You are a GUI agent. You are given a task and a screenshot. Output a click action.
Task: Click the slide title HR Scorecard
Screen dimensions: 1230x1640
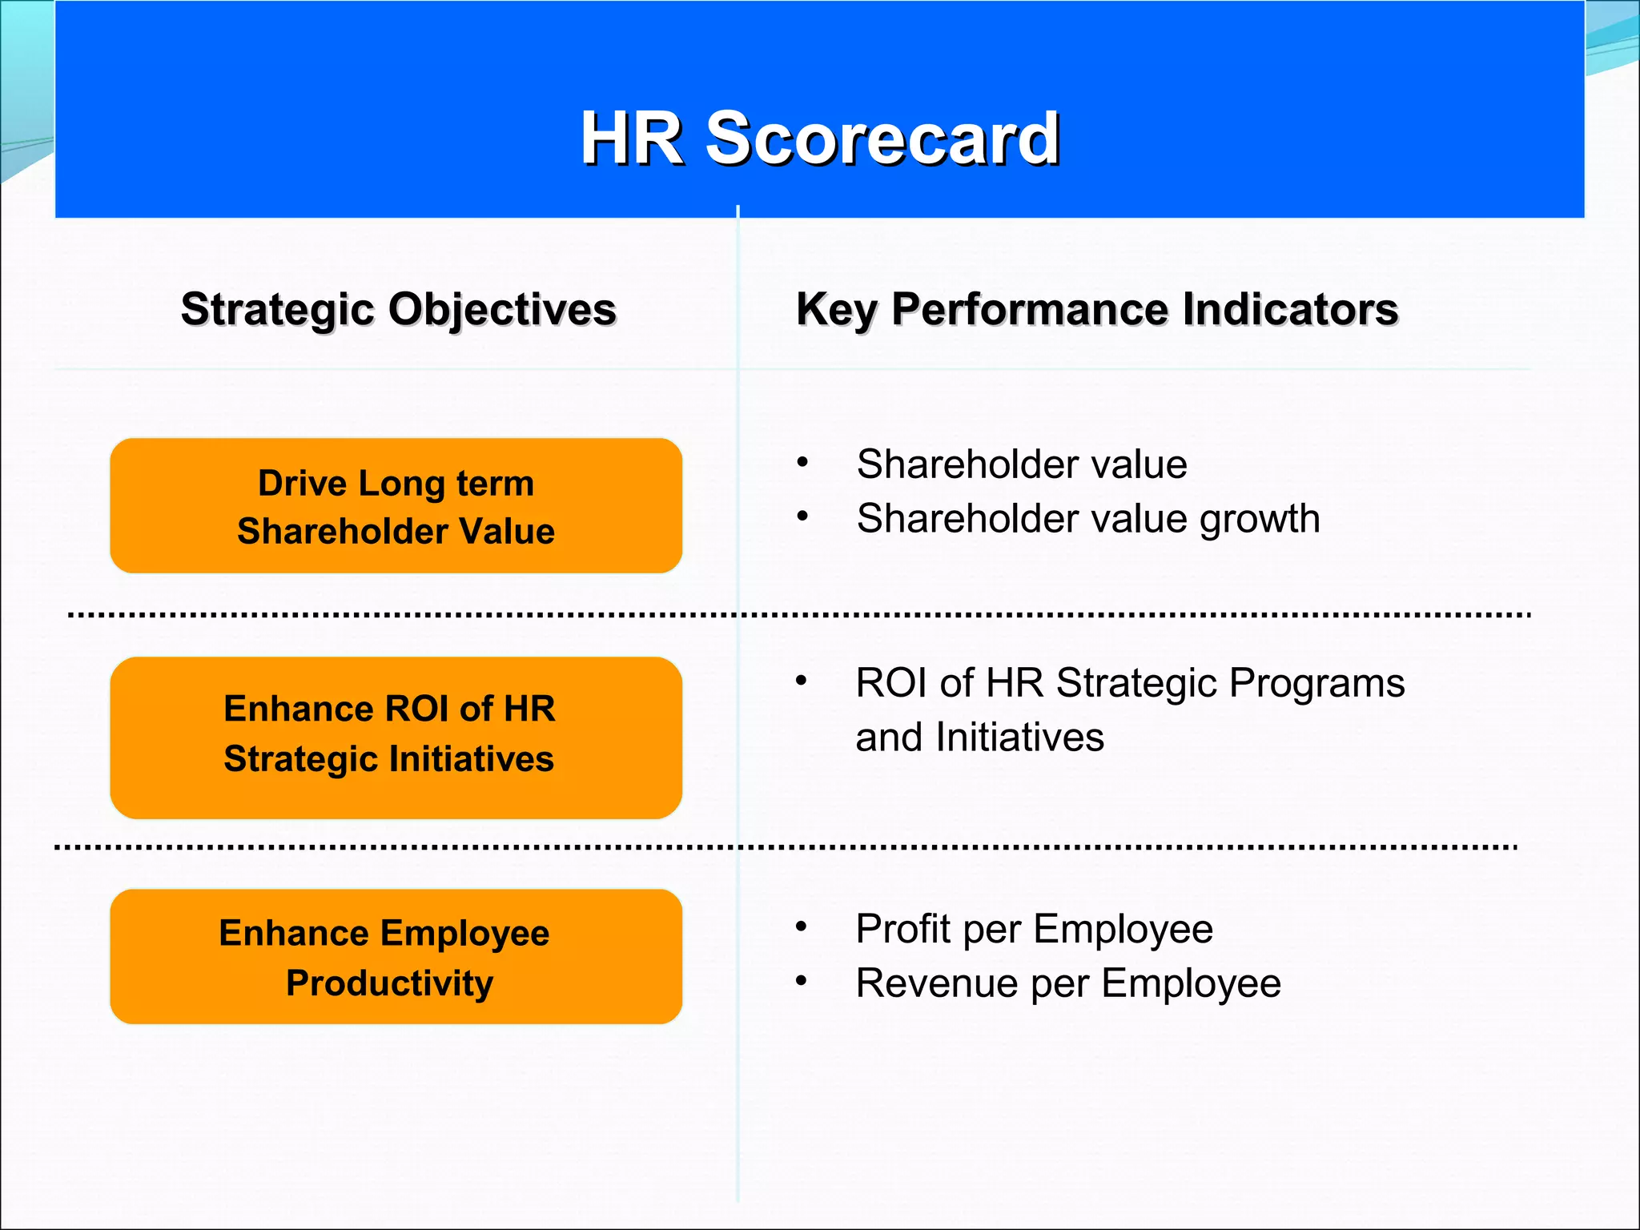click(820, 138)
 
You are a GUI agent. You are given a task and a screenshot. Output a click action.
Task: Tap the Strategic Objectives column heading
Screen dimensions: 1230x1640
click(398, 309)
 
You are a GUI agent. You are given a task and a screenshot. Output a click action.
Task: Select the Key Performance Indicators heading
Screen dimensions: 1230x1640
click(1096, 309)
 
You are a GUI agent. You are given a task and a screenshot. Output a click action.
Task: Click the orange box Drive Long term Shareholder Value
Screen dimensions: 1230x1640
click(396, 505)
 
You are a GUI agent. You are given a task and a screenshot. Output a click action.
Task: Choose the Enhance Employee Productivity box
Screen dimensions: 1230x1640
click(396, 956)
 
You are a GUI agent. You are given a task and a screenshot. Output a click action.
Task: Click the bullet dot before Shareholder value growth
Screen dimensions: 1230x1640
click(802, 517)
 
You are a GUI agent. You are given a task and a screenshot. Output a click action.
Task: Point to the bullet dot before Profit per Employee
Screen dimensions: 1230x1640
click(801, 927)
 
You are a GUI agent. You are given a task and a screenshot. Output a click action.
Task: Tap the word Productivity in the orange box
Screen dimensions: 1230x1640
click(389, 983)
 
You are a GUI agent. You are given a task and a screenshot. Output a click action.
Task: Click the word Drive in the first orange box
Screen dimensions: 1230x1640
click(302, 484)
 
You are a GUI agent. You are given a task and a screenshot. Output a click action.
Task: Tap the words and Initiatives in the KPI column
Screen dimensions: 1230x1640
click(979, 738)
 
